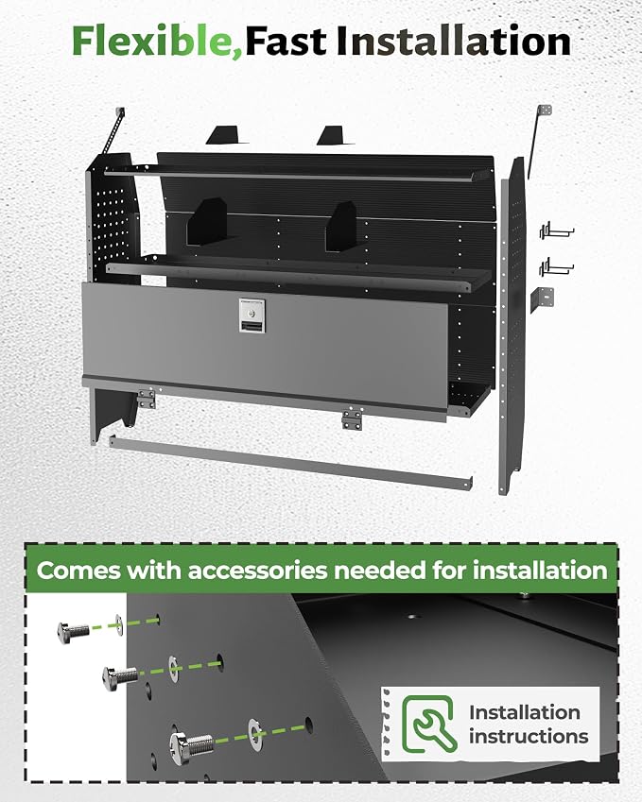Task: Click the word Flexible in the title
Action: (157, 42)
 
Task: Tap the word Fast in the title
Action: (286, 42)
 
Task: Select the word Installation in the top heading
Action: (453, 41)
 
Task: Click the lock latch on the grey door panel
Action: (252, 316)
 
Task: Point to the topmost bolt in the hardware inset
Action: (73, 632)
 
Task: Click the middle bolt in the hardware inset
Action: (120, 677)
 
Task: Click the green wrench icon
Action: (429, 724)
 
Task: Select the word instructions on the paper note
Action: (529, 737)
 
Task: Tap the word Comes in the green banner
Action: (78, 571)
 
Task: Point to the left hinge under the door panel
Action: (147, 398)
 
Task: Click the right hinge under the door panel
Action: (353, 418)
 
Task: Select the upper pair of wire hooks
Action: (557, 232)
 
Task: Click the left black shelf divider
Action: (206, 223)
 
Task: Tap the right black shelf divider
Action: (341, 226)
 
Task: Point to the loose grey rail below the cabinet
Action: (290, 462)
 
